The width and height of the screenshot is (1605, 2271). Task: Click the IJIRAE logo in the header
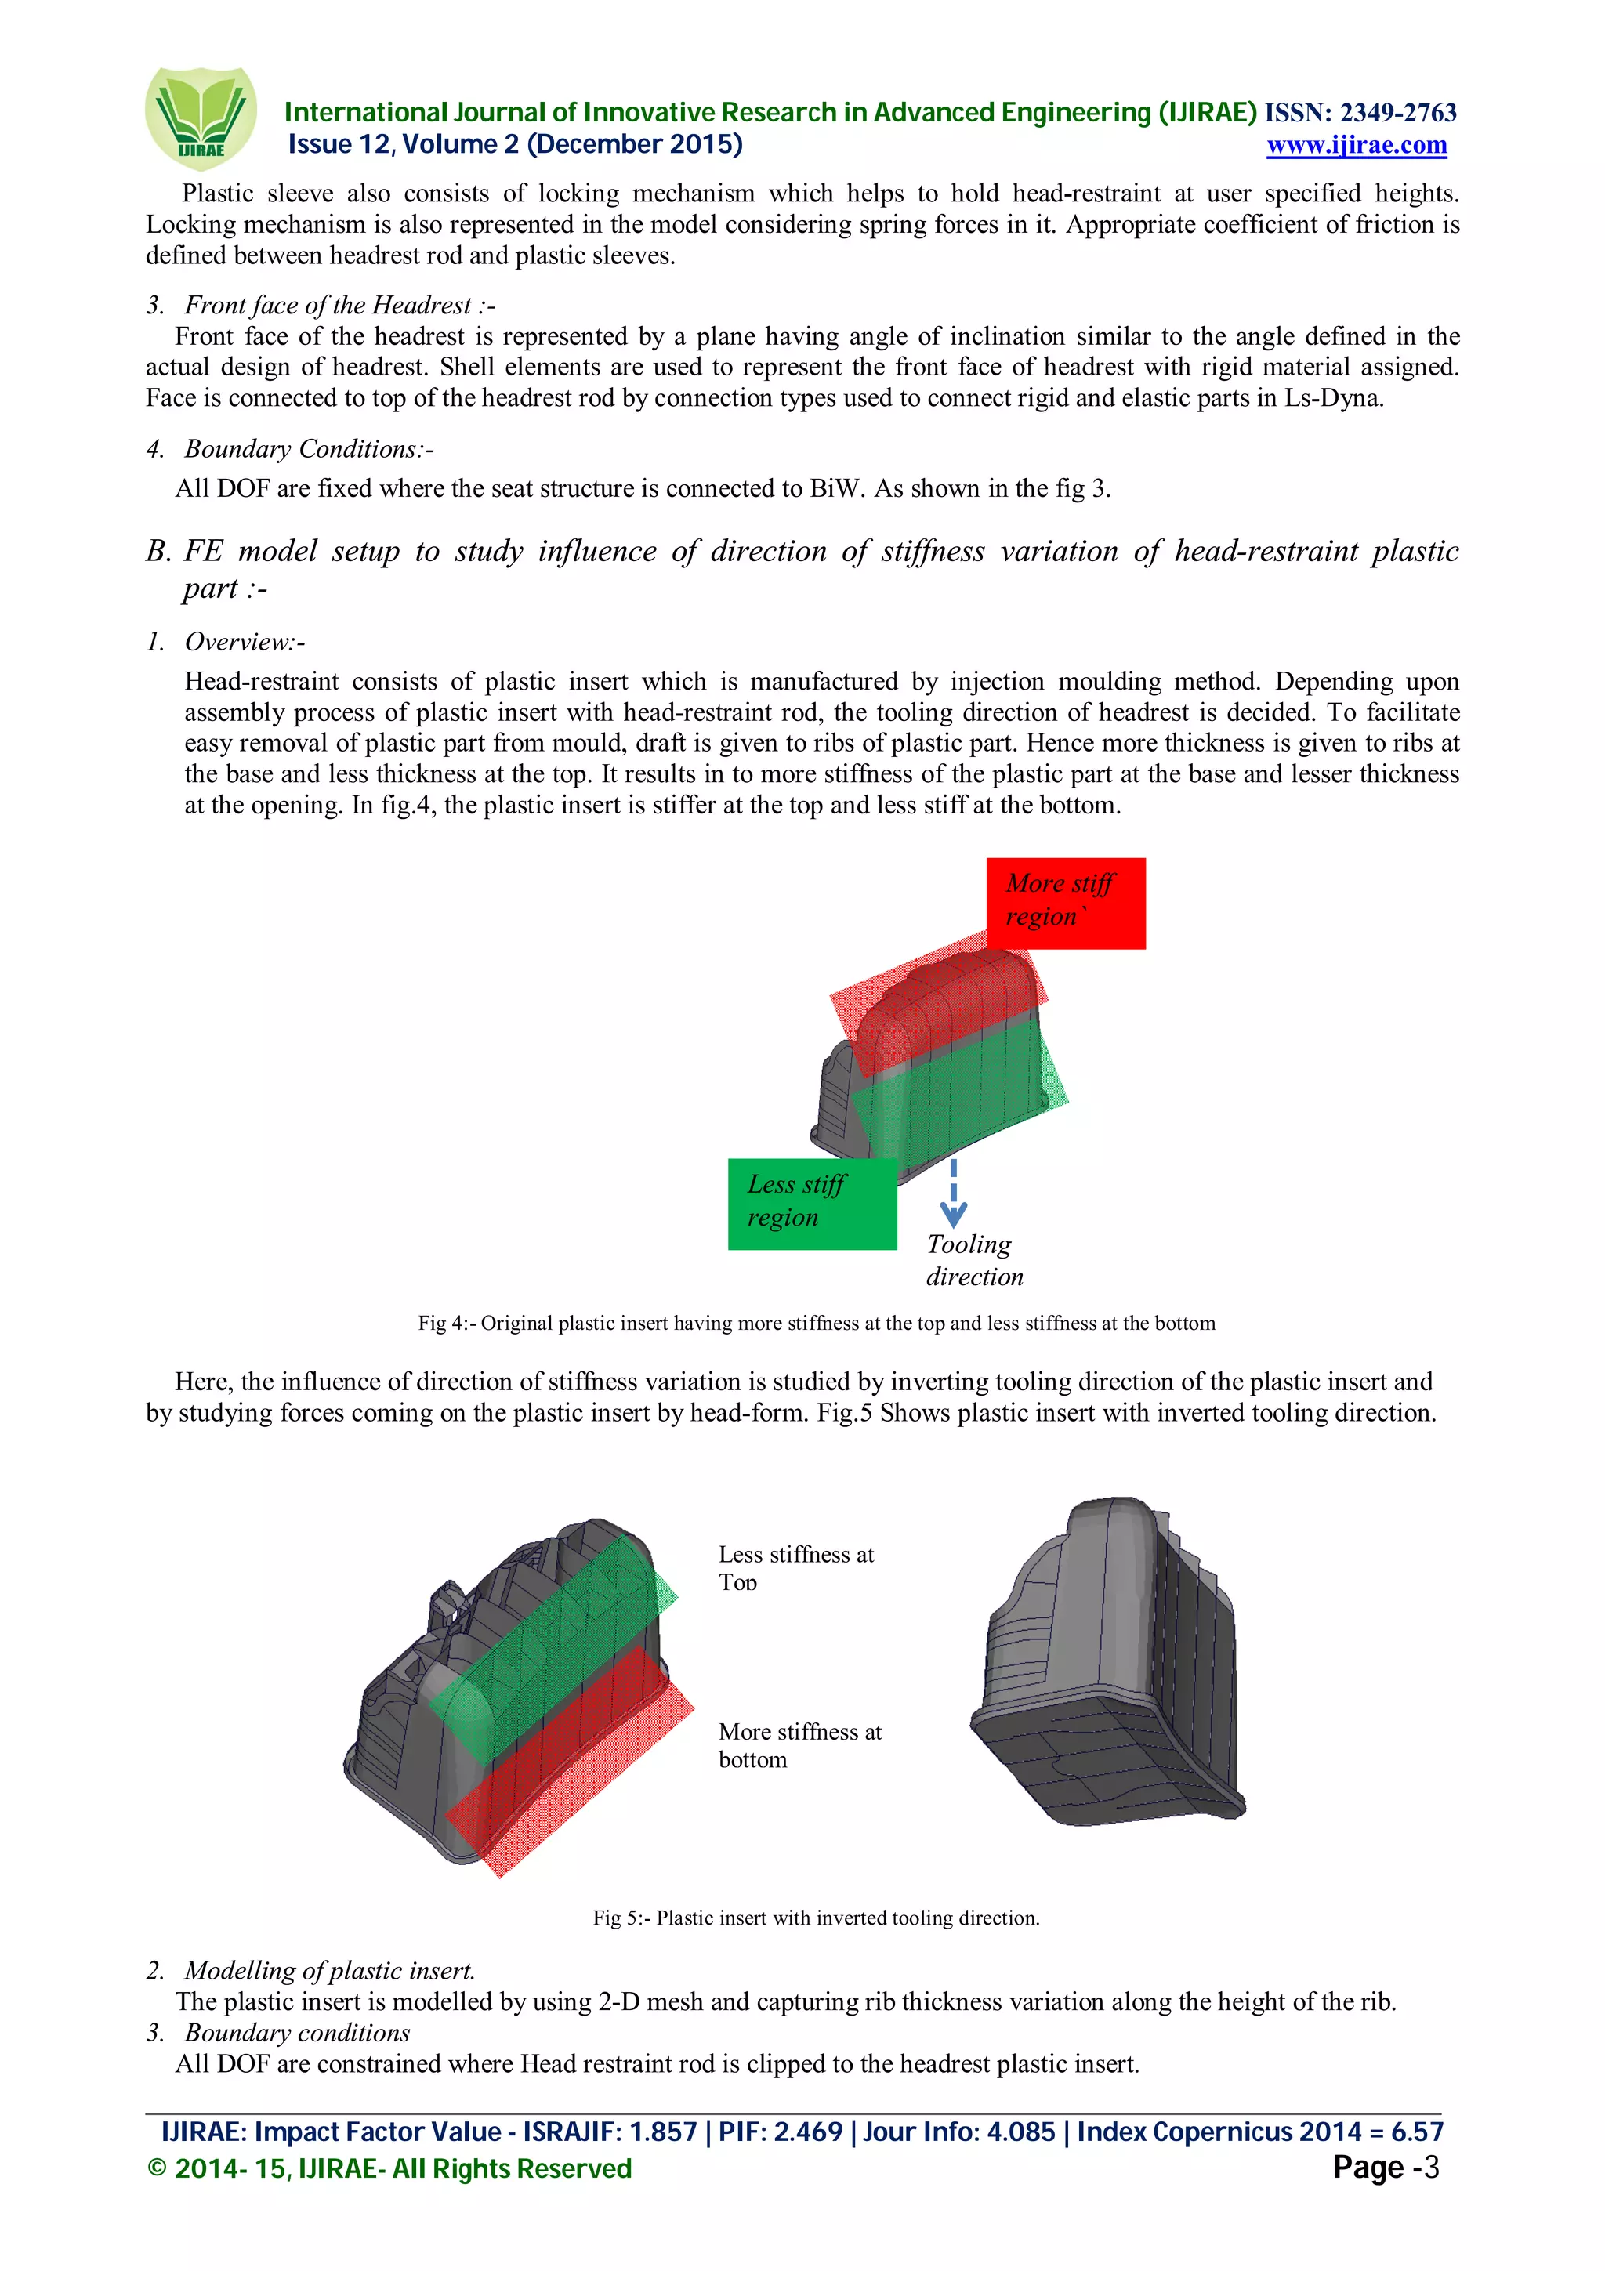tap(201, 118)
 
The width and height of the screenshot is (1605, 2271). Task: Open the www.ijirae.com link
tap(1356, 146)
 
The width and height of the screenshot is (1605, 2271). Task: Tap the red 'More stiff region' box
tap(1065, 901)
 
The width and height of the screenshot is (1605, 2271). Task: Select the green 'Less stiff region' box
tap(811, 1203)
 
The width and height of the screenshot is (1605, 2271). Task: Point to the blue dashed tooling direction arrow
tap(953, 1195)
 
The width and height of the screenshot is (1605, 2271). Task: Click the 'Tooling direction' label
tap(973, 1259)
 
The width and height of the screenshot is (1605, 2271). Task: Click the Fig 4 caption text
tap(816, 1324)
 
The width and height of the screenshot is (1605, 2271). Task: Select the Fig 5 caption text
tap(816, 1918)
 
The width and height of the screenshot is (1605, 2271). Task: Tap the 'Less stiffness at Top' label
tap(795, 1568)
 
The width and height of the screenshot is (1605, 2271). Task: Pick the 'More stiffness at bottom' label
tap(799, 1745)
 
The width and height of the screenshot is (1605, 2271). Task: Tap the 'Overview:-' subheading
tap(245, 642)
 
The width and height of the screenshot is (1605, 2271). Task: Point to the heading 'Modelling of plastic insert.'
tap(329, 1970)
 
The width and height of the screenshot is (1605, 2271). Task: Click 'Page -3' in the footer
tap(1385, 2167)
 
